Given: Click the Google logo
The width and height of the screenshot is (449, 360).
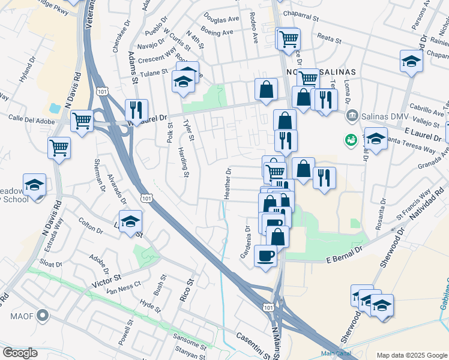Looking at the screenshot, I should (20, 352).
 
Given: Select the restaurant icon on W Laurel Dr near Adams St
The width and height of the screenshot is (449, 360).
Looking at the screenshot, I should (136, 110).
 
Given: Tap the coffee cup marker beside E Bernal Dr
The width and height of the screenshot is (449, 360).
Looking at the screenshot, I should (265, 257).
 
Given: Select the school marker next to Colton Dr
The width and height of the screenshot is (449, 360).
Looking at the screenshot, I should (130, 221).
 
